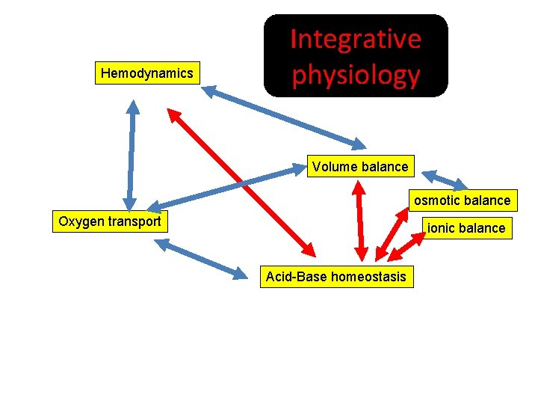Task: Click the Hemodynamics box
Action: tap(146, 73)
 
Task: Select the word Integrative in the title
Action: tap(355, 39)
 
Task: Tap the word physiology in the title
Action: tap(355, 75)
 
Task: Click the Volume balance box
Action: tap(360, 166)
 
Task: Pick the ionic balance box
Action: tap(466, 227)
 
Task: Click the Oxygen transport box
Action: tap(110, 221)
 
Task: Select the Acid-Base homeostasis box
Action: tap(336, 277)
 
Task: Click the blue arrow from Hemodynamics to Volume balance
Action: tap(284, 116)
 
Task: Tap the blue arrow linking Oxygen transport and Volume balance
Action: tap(224, 187)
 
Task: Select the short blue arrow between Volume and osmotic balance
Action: tap(445, 180)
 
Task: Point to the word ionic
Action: tap(442, 227)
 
